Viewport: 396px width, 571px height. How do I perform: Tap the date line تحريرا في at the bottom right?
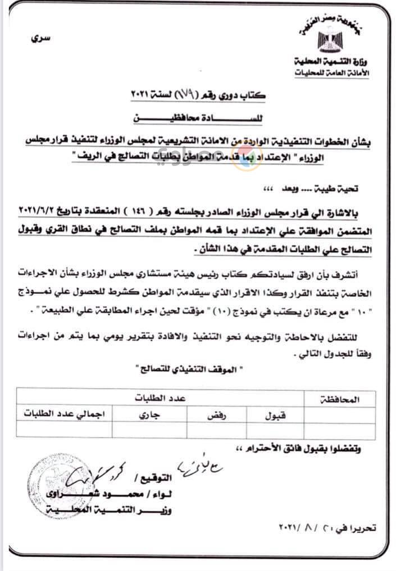[x=331, y=528]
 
